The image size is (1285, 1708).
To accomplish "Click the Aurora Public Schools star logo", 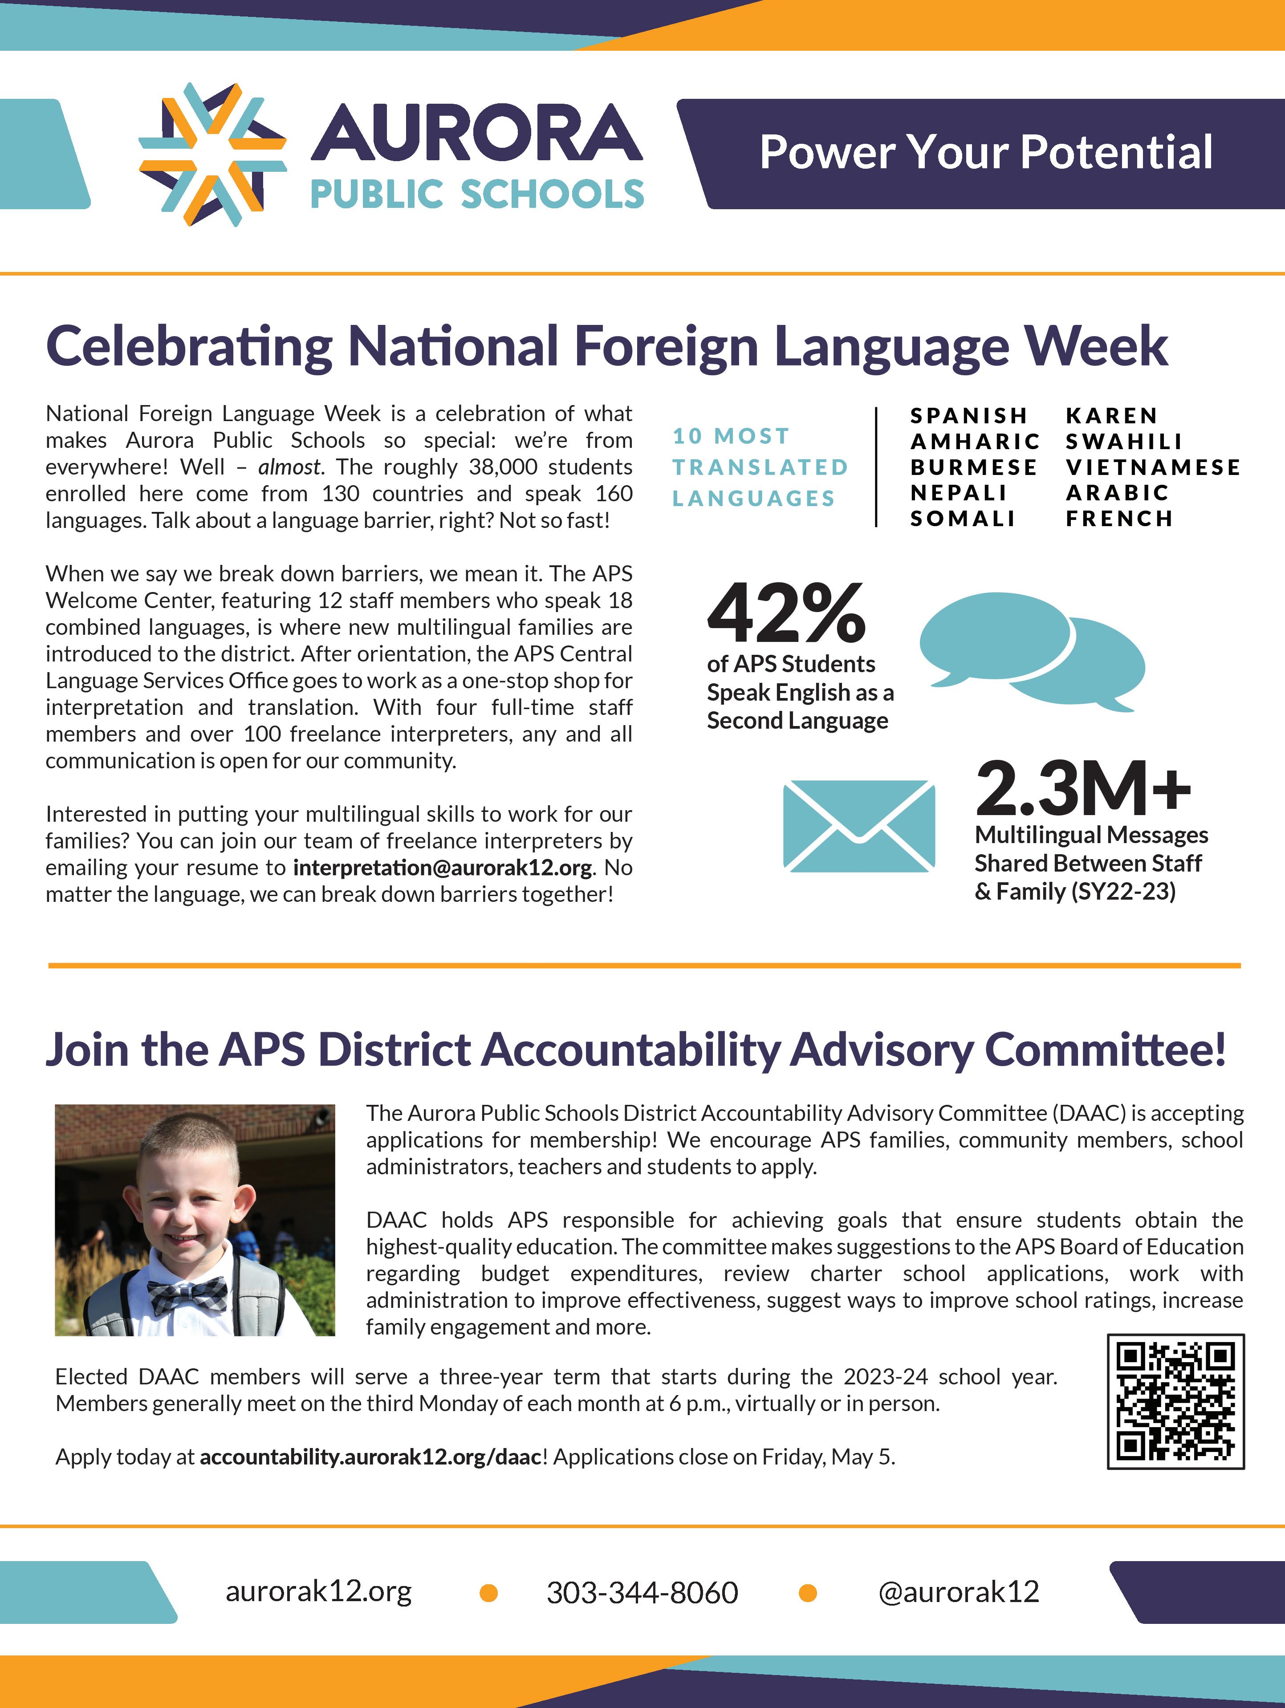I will click(212, 154).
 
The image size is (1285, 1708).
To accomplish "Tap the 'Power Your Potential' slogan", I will click(985, 152).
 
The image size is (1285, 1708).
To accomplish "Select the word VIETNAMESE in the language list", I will click(1153, 467).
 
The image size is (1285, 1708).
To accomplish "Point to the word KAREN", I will click(1111, 415).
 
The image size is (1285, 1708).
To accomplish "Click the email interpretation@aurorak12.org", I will click(443, 868).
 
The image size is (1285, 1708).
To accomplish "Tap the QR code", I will click(1175, 1401).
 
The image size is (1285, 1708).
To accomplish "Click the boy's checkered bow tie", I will click(187, 1296).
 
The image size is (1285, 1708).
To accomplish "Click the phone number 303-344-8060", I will click(642, 1592).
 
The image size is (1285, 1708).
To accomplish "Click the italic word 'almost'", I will click(289, 467).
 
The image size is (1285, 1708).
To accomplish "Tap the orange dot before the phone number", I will click(488, 1592).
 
